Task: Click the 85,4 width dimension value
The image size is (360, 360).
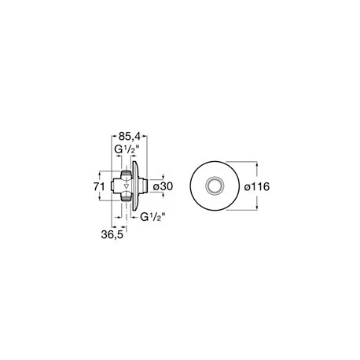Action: [130, 137]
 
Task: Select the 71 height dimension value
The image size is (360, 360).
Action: [99, 186]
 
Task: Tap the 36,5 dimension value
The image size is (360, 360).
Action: [112, 235]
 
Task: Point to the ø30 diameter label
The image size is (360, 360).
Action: [163, 186]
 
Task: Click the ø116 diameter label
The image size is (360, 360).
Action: [257, 187]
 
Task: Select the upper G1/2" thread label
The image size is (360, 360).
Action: [127, 149]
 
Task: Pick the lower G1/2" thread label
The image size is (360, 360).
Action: [152, 217]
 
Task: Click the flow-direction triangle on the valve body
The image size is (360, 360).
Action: [127, 186]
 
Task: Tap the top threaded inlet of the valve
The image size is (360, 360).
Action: [126, 174]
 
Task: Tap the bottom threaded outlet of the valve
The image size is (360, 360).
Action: [126, 199]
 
